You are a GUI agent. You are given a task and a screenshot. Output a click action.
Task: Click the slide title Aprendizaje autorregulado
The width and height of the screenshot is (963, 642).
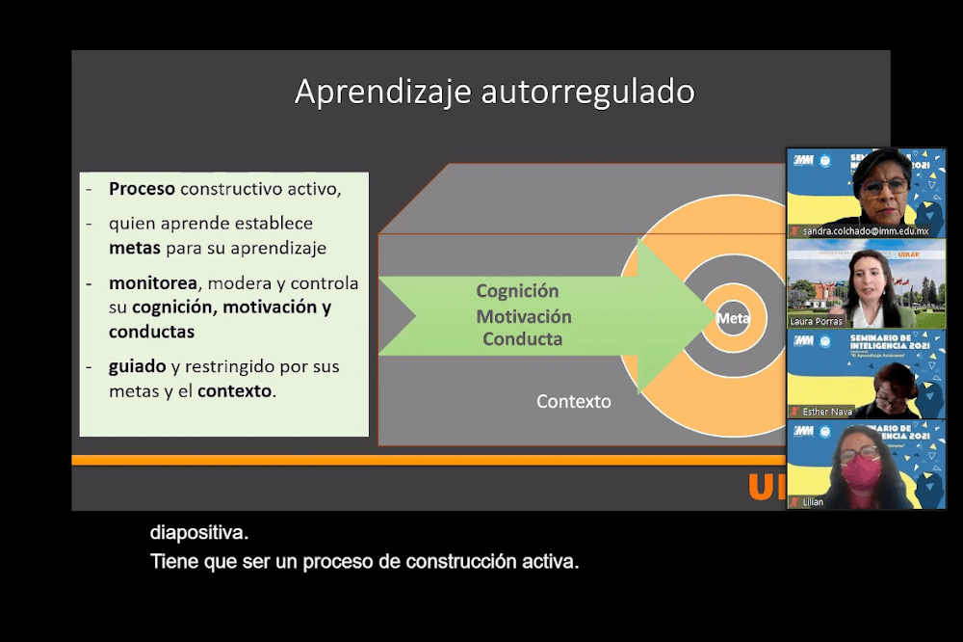(494, 93)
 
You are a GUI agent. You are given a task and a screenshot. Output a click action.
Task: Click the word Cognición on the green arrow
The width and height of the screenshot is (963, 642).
(517, 291)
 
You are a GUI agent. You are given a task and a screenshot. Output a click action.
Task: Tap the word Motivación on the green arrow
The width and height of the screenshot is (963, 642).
(524, 316)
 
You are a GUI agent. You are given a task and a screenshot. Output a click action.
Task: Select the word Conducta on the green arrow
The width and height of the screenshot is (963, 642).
(522, 339)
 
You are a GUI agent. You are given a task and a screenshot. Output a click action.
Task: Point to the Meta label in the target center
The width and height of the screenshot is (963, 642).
(732, 316)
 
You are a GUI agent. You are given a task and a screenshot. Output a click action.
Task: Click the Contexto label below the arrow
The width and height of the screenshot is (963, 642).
(574, 402)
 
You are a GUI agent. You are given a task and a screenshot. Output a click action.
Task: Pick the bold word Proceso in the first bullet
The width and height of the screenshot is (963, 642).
(142, 189)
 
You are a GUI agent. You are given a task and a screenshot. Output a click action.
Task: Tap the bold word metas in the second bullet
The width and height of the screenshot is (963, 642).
(135, 248)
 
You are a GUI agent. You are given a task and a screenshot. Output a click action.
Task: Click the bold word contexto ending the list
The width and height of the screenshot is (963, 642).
(235, 391)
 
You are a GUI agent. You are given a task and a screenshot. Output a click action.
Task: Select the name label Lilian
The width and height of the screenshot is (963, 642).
(813, 502)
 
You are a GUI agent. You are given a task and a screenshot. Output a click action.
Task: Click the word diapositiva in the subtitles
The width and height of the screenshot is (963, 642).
(199, 531)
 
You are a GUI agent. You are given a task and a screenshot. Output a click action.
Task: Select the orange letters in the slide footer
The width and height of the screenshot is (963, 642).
(767, 488)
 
